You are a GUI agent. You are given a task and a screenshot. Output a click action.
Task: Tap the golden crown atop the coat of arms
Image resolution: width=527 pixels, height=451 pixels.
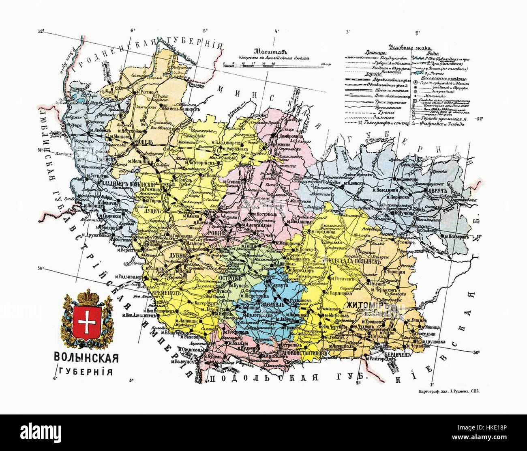click(86, 296)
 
